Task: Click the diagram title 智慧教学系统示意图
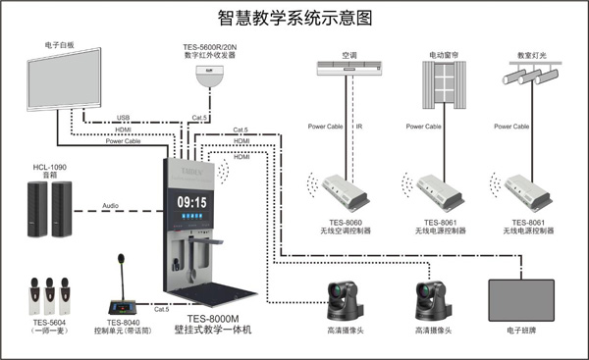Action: pyautogui.click(x=295, y=17)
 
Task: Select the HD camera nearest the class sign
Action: pyautogui.click(x=433, y=299)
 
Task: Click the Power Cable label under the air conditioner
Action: pyautogui.click(x=325, y=128)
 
